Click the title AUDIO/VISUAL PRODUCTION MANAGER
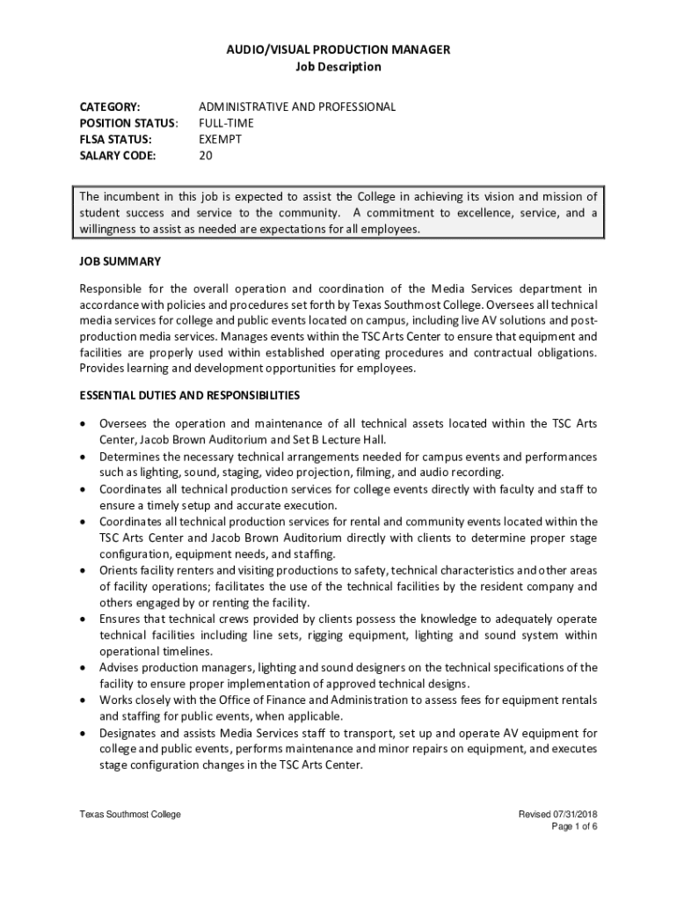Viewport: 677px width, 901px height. [x=338, y=49]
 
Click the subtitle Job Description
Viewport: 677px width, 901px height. [x=338, y=67]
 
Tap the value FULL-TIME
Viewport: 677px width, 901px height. [x=226, y=123]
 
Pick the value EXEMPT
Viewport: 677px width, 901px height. [x=220, y=139]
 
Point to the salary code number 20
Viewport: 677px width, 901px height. [x=206, y=156]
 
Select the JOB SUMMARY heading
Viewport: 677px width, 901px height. [x=120, y=261]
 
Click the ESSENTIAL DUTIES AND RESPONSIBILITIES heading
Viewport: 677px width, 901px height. [x=190, y=395]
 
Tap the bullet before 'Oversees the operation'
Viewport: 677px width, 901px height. [x=84, y=424]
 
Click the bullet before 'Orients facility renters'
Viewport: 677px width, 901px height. [x=84, y=570]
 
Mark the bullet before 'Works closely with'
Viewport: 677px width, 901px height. [x=84, y=700]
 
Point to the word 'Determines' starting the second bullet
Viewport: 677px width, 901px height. [x=128, y=457]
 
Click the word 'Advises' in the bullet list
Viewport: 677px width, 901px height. [x=120, y=667]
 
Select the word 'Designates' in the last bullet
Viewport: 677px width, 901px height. [x=128, y=732]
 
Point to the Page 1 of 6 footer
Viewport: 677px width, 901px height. [x=575, y=827]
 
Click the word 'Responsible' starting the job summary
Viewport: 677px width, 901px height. [x=113, y=288]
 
